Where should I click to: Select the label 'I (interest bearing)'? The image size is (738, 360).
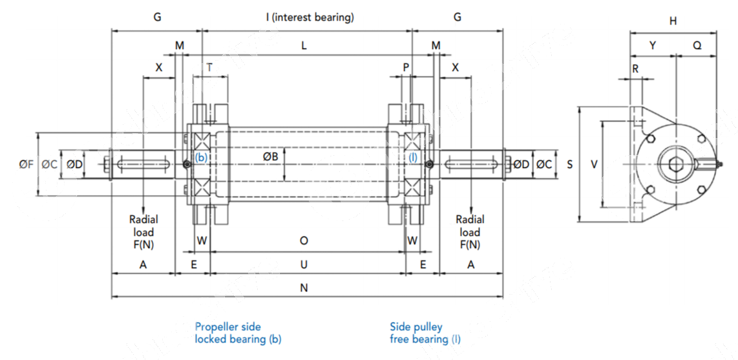(310, 17)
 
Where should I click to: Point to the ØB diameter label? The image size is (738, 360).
(271, 156)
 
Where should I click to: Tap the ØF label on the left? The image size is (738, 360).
(26, 165)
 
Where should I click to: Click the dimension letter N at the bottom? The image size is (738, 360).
(304, 288)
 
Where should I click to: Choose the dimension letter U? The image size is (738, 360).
(304, 264)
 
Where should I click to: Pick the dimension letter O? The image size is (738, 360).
(304, 240)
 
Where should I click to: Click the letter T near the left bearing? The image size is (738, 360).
(209, 67)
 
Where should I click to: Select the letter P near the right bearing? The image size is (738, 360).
(406, 67)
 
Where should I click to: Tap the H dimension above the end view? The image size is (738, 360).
(673, 21)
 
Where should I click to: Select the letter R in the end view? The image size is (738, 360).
(635, 69)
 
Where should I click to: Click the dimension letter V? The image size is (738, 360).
(594, 165)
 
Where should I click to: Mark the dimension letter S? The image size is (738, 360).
(570, 165)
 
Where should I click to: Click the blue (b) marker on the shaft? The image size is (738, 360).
(202, 157)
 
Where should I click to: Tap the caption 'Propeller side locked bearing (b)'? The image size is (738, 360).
(238, 333)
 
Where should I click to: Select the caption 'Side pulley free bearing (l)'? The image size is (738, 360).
(425, 333)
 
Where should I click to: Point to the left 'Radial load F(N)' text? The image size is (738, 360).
(143, 232)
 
